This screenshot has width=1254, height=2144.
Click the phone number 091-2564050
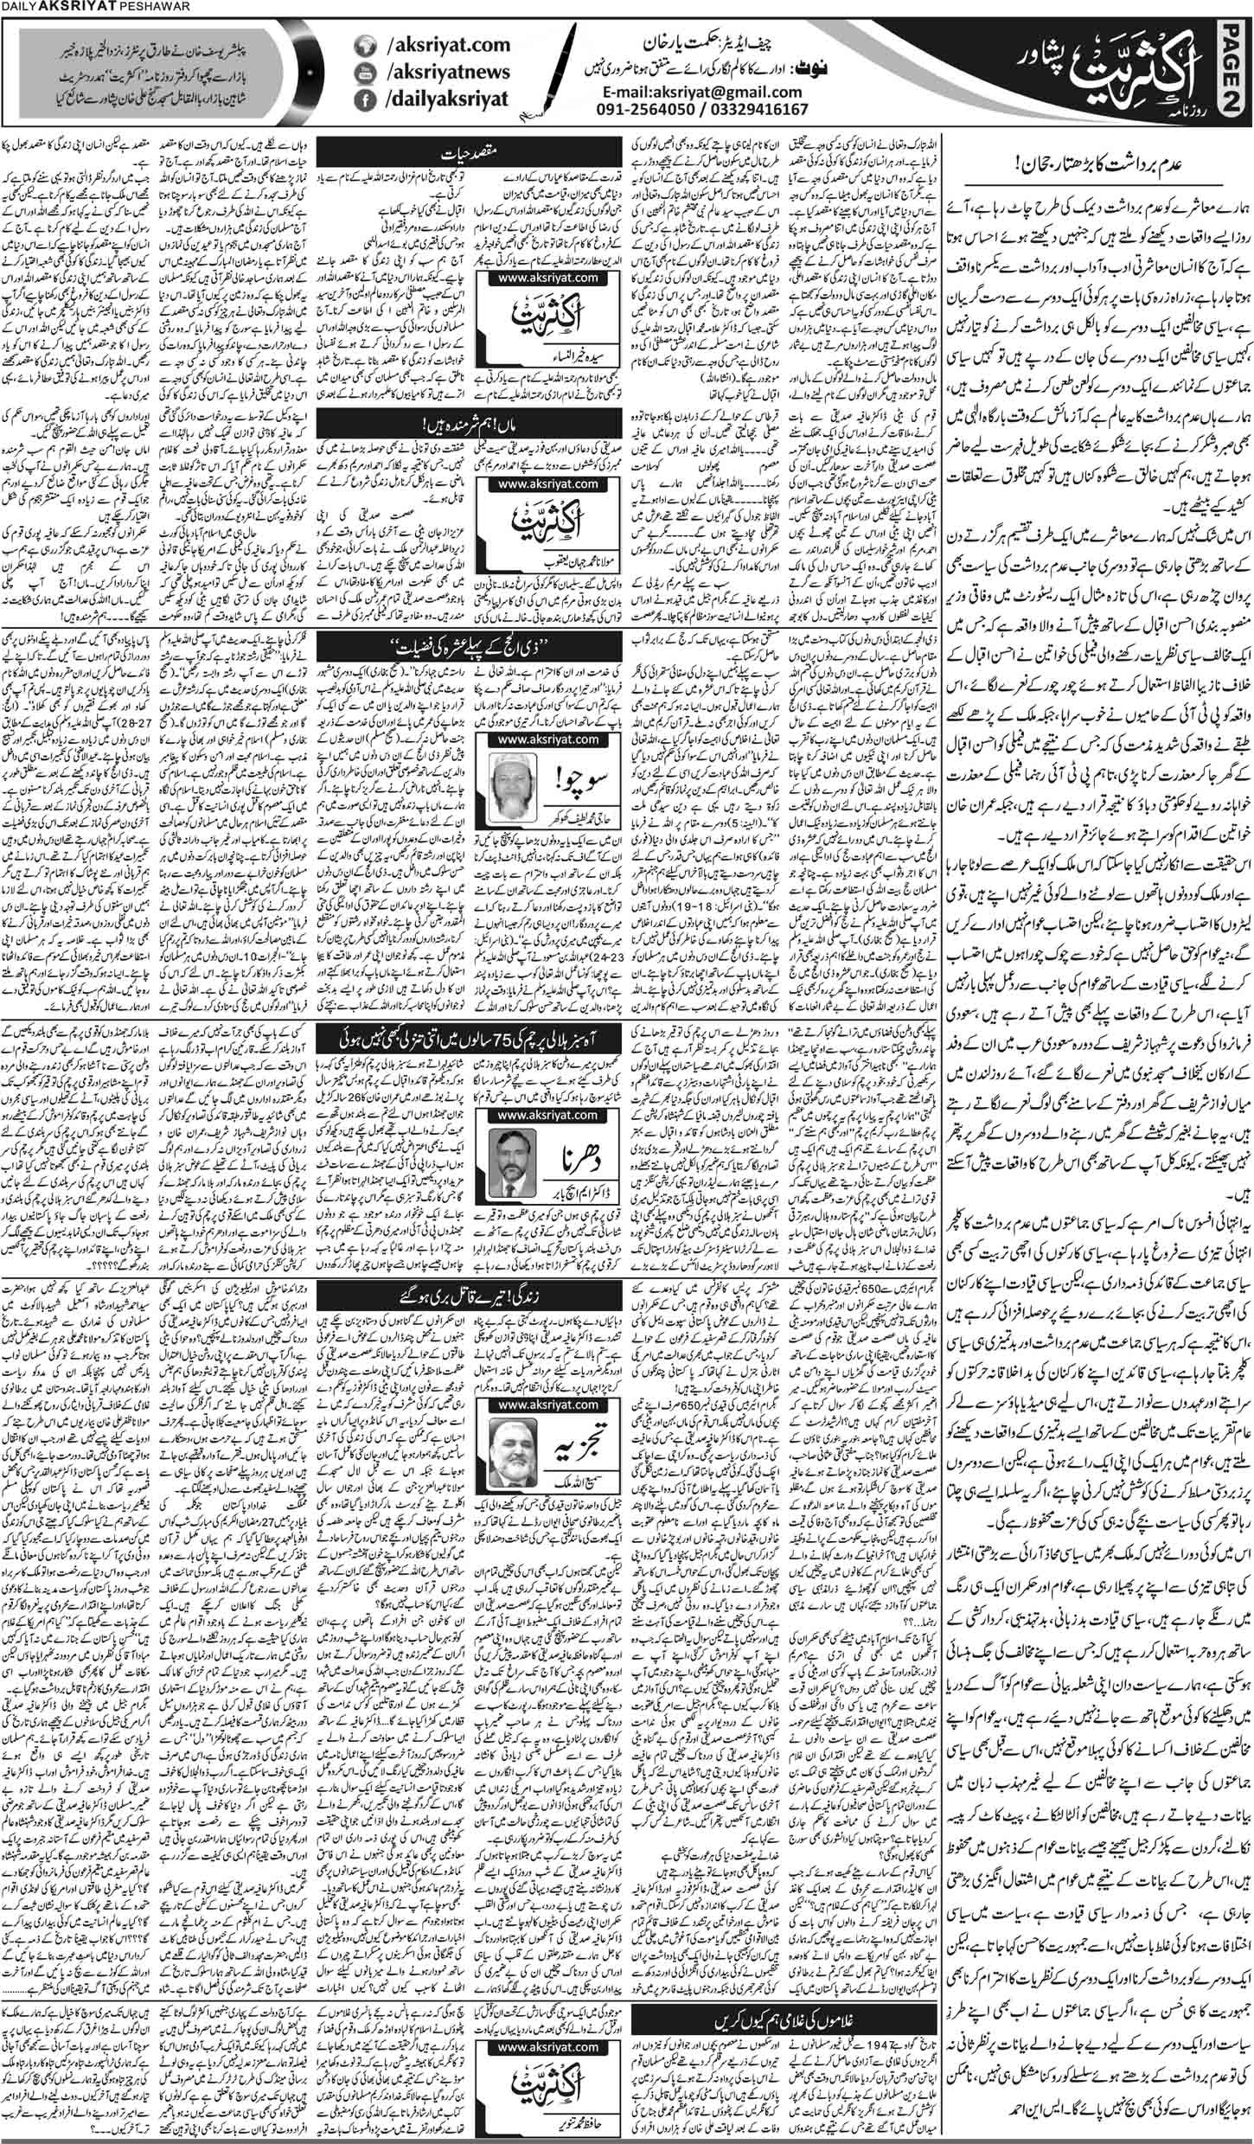click(x=640, y=110)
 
